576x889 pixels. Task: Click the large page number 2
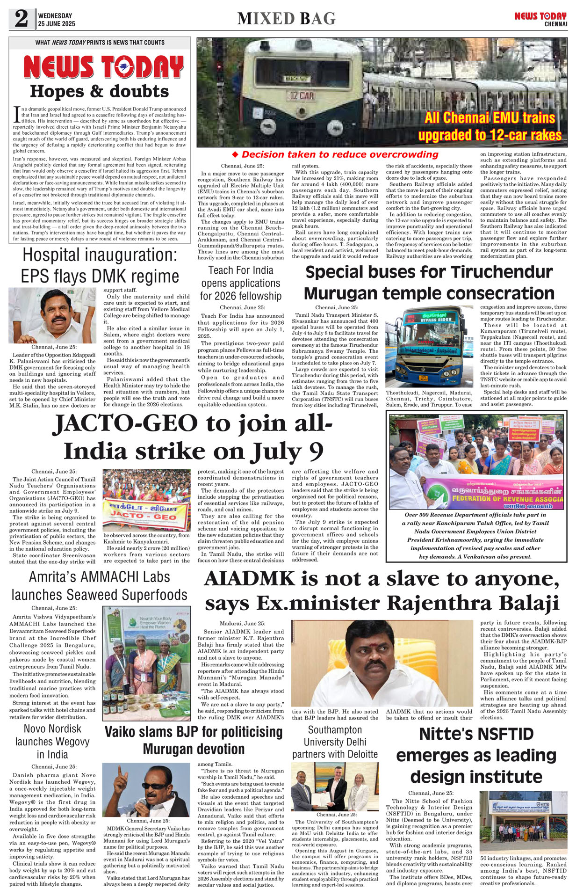pyautogui.click(x=21, y=19)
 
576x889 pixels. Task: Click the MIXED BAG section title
pyautogui.click(x=286, y=19)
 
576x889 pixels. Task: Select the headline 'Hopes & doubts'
pyautogui.click(x=99, y=91)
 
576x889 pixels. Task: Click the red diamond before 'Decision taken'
pyautogui.click(x=235, y=154)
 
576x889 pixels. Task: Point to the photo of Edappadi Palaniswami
pyautogui.click(x=52, y=315)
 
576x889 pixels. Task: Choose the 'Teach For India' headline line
pyautogui.click(x=241, y=270)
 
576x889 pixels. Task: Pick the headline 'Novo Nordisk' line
pyautogui.click(x=52, y=729)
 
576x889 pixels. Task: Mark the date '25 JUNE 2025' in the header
pyautogui.click(x=57, y=24)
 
